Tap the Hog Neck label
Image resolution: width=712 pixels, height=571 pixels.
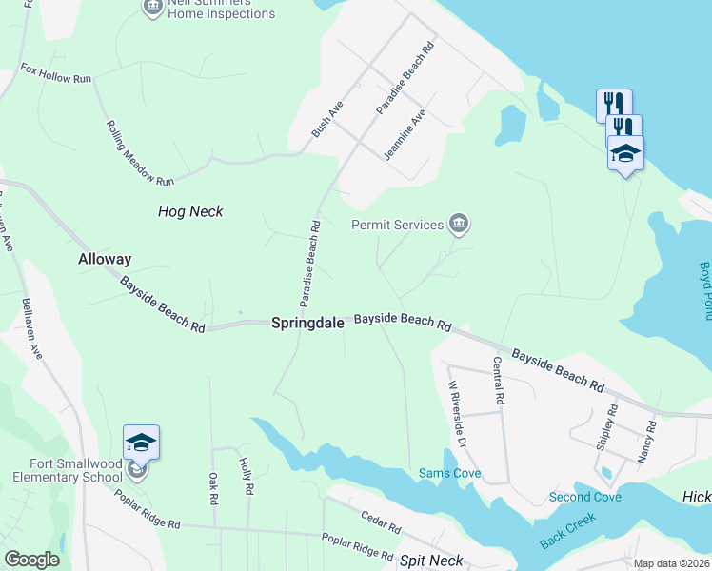pos(190,211)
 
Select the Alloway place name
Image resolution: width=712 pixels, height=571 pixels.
pos(105,259)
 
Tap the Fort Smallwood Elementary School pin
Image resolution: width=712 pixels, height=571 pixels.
pos(141,445)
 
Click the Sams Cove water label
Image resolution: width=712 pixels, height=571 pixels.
pos(450,473)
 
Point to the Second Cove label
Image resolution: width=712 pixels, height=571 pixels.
pos(584,498)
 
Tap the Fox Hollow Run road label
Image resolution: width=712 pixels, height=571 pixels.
pos(56,73)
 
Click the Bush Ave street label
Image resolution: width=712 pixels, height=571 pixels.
pos(326,118)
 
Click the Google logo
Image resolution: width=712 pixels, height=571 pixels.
pos(31,560)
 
